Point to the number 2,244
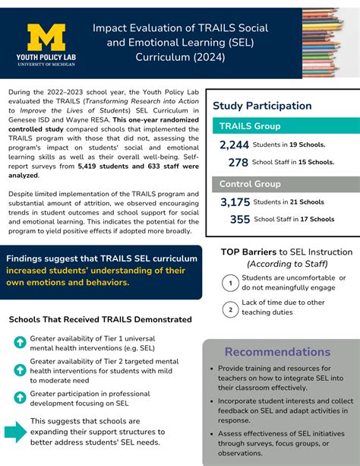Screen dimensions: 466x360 point(234,145)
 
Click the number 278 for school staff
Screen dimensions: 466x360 point(238,162)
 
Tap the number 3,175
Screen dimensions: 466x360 point(235,202)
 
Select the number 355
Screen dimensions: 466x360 point(239,219)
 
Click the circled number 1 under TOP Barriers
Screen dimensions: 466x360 point(229,284)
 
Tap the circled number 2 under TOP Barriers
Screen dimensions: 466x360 point(229,309)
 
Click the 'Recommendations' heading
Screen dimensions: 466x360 point(278,352)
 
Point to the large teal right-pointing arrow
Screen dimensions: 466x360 point(15,432)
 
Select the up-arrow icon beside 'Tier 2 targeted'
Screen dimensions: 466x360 point(20,369)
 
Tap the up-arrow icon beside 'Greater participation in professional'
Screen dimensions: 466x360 point(20,397)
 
